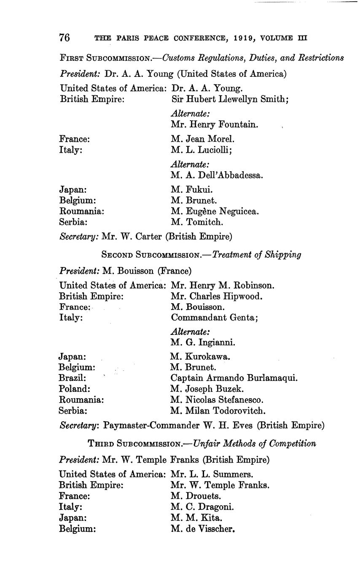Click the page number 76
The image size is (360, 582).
(x=64, y=38)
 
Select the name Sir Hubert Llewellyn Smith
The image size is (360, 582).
(x=230, y=100)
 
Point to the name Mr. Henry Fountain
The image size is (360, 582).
(x=215, y=125)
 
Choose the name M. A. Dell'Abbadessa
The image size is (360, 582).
(x=217, y=175)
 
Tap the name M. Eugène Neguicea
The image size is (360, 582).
(x=215, y=211)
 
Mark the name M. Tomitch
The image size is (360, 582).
(x=197, y=222)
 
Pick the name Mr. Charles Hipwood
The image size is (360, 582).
(x=217, y=296)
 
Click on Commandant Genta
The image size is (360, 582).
(x=214, y=318)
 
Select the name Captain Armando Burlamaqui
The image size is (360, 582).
(x=234, y=378)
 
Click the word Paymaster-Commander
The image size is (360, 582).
(x=150, y=426)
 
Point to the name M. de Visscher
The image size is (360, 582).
(x=203, y=528)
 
